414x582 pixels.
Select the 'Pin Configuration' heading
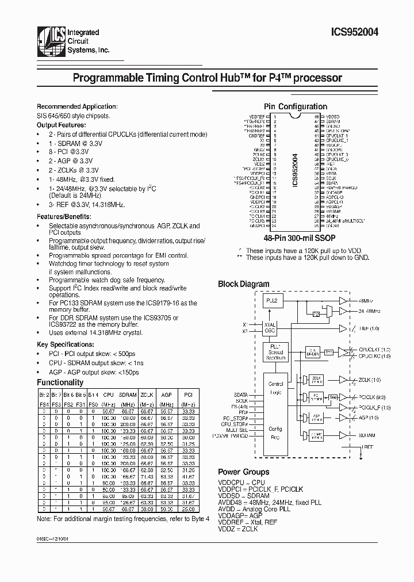[295, 106]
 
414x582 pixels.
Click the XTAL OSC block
[269, 328]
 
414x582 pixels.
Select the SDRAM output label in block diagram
[366, 436]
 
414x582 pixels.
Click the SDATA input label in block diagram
[241, 395]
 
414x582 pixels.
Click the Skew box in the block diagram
[333, 397]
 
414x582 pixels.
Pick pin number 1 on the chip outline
[275, 116]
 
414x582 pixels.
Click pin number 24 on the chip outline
[275, 227]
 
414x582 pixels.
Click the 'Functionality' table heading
[60, 382]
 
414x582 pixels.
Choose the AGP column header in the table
[167, 395]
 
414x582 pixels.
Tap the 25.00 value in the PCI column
[187, 509]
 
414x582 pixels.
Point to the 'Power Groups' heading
[243, 472]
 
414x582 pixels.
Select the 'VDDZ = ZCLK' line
[238, 529]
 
